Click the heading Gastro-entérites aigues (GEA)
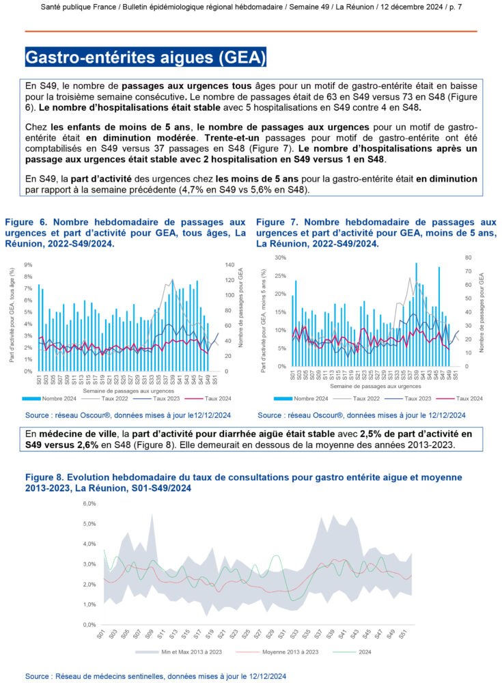(145, 56)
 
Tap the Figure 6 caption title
(125, 233)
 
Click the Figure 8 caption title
(244, 482)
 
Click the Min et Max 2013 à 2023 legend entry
(190, 652)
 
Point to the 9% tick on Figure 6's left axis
(29, 264)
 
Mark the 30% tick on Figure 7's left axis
(280, 257)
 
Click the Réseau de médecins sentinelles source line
(156, 675)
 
